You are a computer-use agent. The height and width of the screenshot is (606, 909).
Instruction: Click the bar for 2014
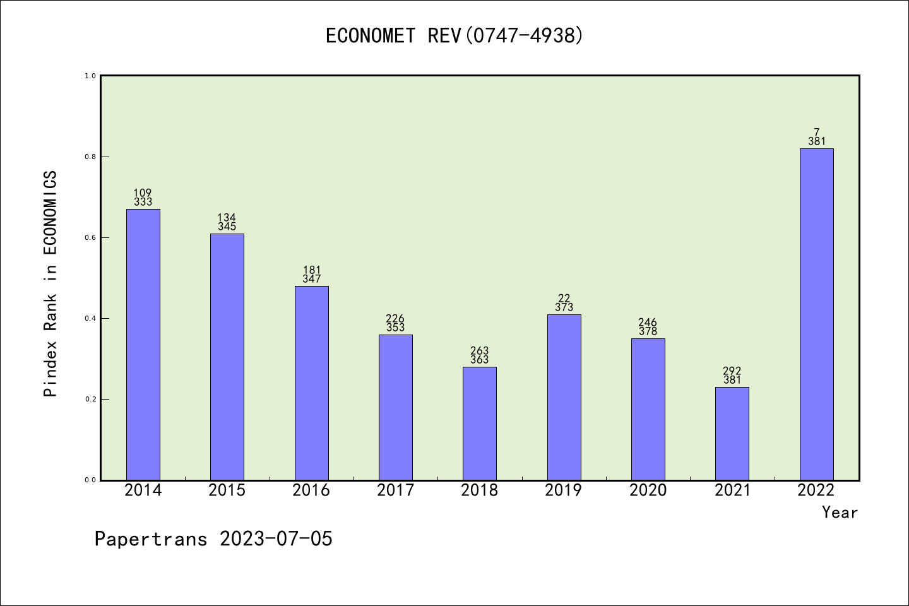point(143,344)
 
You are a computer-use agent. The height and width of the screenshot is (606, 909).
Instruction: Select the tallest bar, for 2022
point(816,314)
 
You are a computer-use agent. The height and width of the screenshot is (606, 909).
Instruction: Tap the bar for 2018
point(480,423)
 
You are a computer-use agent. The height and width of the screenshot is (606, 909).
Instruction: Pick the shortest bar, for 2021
point(732,433)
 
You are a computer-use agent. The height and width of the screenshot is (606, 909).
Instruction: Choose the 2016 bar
point(312,383)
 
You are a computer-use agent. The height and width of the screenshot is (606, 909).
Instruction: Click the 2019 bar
point(564,397)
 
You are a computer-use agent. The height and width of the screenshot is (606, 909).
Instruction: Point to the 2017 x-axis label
point(395,490)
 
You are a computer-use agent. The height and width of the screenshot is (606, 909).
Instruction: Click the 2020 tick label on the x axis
point(648,490)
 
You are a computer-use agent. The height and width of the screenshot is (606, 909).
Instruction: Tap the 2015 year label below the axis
point(227,490)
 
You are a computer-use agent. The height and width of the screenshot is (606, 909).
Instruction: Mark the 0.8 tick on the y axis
point(90,157)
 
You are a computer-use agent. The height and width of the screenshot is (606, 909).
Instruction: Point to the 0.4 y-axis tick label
point(90,318)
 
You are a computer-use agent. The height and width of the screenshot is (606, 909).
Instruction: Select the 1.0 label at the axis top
point(90,76)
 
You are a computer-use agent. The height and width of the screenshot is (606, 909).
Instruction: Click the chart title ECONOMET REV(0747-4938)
point(454,36)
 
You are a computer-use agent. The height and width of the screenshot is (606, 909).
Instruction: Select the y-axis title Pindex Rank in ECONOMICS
point(50,283)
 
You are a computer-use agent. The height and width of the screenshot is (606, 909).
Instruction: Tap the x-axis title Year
point(840,513)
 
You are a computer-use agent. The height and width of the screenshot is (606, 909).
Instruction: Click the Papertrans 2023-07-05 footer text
point(213,539)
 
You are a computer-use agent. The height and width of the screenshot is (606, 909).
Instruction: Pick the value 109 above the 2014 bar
point(143,193)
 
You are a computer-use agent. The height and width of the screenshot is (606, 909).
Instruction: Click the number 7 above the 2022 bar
point(816,133)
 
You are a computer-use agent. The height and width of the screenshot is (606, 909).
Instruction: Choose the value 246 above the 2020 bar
point(648,323)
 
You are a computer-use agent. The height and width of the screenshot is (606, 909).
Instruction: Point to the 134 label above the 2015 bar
point(227,218)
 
